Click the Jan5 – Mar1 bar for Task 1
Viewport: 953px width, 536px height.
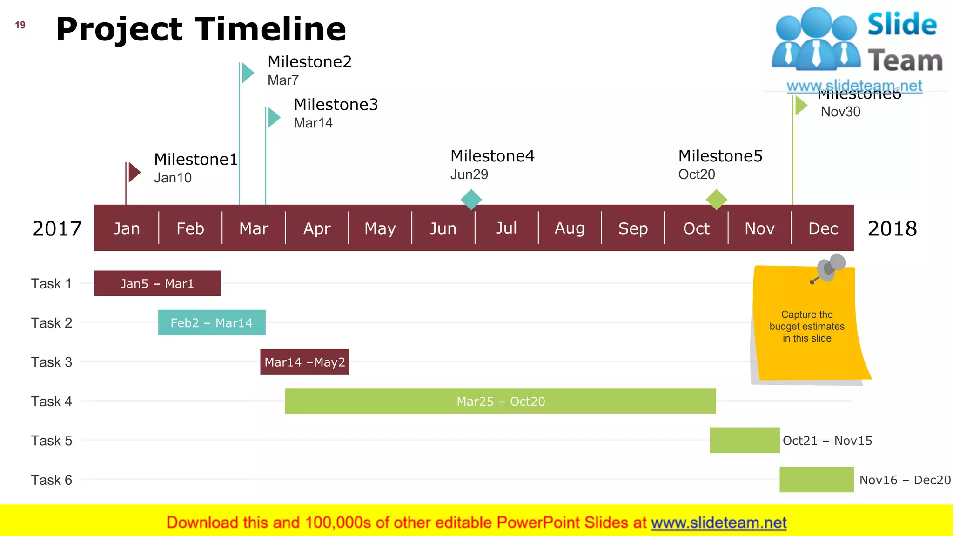pos(157,283)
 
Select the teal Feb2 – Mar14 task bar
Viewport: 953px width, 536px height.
pos(212,322)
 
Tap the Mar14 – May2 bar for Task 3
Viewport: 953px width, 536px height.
pos(304,362)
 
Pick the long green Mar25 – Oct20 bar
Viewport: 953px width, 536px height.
pos(500,401)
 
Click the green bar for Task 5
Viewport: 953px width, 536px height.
pos(745,440)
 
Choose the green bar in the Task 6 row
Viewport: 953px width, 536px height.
pos(817,479)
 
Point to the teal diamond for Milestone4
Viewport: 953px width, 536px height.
pos(471,199)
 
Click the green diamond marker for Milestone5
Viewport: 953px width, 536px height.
pos(717,199)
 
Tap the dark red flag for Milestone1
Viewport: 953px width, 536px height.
pos(134,172)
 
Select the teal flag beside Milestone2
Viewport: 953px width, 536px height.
pos(248,73)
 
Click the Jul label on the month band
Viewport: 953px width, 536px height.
pos(506,228)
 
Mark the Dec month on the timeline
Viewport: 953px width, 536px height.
pos(823,228)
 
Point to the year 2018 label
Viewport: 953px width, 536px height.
pos(892,228)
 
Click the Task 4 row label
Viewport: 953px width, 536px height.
pos(52,401)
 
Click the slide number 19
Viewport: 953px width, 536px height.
pos(20,25)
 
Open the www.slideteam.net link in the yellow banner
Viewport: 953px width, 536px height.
pos(718,523)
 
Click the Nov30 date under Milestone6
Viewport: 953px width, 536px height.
pos(840,112)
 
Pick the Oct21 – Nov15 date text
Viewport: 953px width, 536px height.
pos(827,441)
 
